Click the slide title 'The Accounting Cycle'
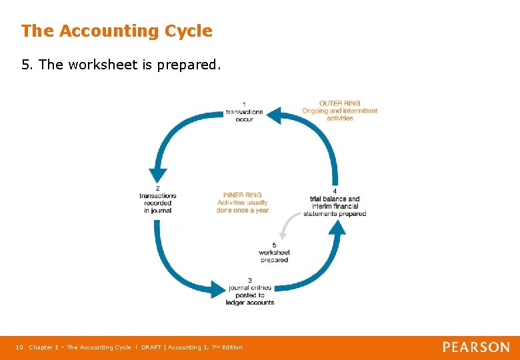[x=117, y=31]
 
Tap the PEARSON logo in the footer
[x=476, y=347]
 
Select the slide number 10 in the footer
[x=19, y=347]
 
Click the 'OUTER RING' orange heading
[x=339, y=103]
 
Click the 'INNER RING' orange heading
[x=242, y=195]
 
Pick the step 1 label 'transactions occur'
[x=244, y=112]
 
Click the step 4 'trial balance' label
[x=335, y=203]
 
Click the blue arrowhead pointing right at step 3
[x=219, y=288]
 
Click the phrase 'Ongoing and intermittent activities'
[x=340, y=115]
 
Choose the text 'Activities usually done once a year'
[x=242, y=207]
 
